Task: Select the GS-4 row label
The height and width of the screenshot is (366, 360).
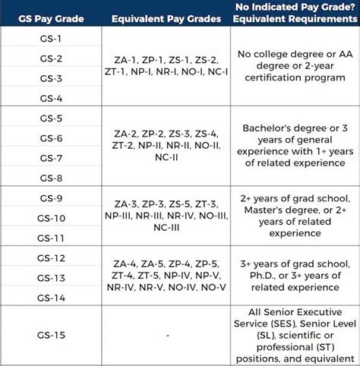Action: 52,98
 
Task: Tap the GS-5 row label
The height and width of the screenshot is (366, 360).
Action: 52,118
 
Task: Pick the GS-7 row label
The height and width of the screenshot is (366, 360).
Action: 52,158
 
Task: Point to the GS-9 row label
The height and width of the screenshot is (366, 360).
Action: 52,198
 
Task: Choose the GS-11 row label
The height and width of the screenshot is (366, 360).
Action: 52,238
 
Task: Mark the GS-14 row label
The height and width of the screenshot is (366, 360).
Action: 52,297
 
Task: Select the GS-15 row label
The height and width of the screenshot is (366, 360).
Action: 52,335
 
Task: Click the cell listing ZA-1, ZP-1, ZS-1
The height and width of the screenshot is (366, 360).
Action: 165,68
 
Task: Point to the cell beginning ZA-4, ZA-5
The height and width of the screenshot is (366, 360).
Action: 165,276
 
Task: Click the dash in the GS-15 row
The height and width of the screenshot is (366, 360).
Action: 165,335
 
